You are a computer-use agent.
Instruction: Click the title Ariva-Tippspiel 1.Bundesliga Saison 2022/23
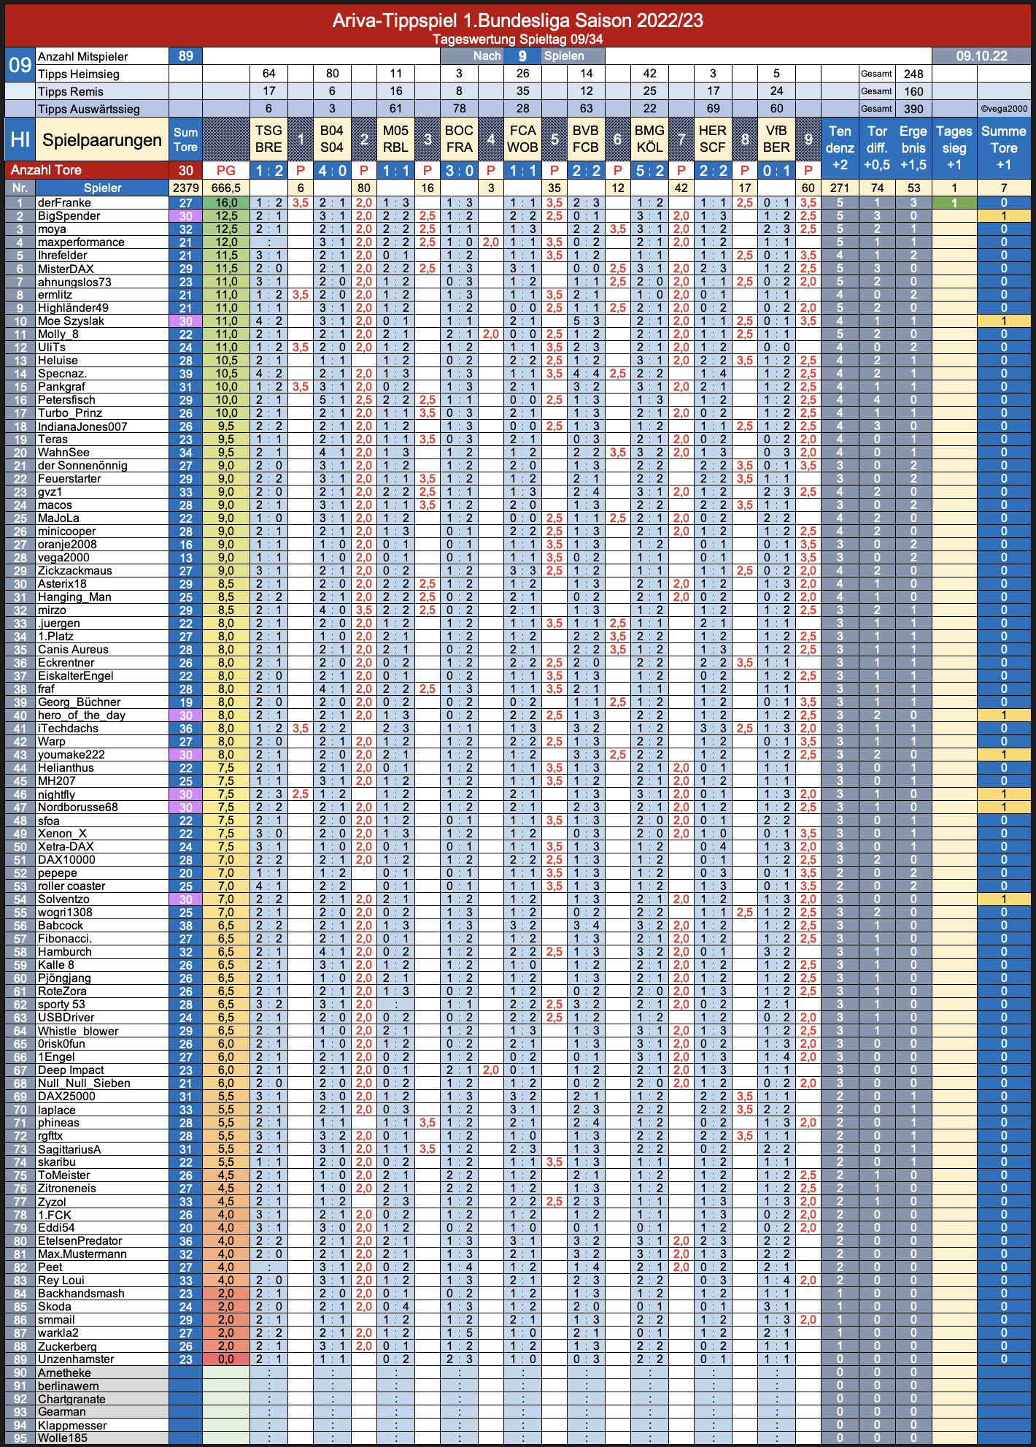point(517,20)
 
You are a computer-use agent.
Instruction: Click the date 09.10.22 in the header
point(981,56)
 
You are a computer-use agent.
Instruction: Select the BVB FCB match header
point(586,139)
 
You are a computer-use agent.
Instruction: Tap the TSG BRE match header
point(268,139)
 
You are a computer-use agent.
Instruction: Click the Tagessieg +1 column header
point(954,148)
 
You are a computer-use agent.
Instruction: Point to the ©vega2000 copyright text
point(1004,109)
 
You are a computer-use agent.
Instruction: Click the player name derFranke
point(64,203)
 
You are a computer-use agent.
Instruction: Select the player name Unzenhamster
point(76,1359)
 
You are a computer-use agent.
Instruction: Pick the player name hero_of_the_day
point(82,715)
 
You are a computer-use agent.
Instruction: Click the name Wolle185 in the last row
point(62,1438)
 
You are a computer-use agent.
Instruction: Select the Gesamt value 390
point(913,109)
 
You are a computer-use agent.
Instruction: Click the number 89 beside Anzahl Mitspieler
point(185,56)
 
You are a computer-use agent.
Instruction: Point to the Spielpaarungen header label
point(102,139)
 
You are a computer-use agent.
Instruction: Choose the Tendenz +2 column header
point(840,148)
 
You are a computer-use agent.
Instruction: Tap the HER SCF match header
point(713,139)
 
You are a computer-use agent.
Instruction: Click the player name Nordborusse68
point(78,807)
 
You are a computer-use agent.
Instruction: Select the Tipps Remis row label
point(71,91)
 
